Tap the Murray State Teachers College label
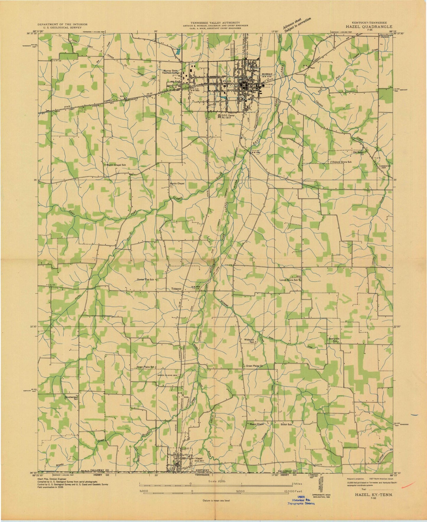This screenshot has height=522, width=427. (174, 72)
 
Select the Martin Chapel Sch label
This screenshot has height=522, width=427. (116, 164)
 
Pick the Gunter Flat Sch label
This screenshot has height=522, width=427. (146, 280)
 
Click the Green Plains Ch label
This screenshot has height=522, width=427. (256, 366)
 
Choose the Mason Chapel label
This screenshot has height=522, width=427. (256, 424)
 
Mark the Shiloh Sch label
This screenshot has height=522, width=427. (286, 424)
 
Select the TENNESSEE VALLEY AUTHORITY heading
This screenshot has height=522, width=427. (215, 23)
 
